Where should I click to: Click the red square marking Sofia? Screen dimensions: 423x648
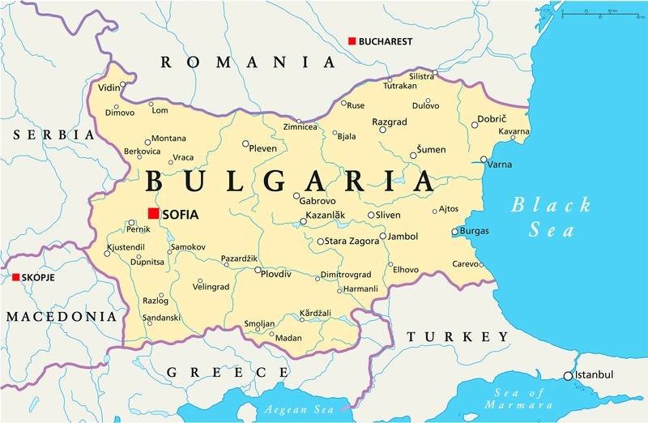click(152, 214)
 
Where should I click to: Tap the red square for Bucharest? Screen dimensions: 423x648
click(352, 41)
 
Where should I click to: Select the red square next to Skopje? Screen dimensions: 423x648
click(15, 277)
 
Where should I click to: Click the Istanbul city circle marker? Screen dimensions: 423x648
click(568, 375)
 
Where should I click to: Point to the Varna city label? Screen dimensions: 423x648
click(499, 164)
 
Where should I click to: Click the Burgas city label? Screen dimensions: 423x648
click(474, 231)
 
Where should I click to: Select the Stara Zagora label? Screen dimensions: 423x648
click(353, 241)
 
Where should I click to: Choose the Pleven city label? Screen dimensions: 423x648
click(262, 148)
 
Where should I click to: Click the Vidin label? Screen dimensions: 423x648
click(109, 87)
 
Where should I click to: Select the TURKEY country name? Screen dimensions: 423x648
click(458, 336)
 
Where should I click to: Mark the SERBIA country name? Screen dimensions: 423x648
click(47, 134)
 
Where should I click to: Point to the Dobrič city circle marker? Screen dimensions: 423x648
click(475, 125)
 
